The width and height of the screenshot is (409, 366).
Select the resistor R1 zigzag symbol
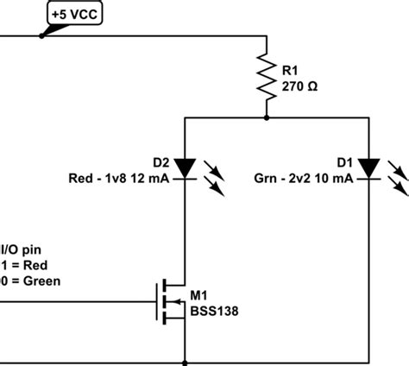click(267, 75)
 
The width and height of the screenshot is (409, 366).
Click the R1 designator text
click(292, 69)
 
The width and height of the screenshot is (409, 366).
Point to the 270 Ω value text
click(301, 85)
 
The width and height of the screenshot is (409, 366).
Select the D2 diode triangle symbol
click(185, 166)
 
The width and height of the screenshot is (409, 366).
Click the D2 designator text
click(161, 162)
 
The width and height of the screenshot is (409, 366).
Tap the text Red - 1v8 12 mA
click(120, 179)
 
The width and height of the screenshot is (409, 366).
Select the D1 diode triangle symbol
click(370, 166)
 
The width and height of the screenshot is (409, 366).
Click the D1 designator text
click(345, 162)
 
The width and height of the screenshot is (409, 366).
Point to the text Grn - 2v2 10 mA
click(303, 179)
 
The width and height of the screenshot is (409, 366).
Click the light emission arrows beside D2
click(216, 176)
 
